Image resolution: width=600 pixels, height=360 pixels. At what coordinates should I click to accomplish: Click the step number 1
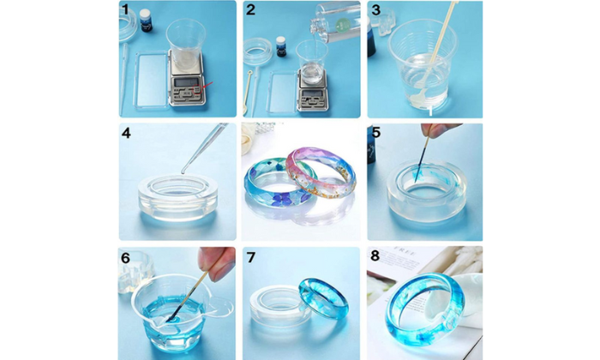(x=125, y=9)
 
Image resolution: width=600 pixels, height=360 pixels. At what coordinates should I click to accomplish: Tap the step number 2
(x=250, y=9)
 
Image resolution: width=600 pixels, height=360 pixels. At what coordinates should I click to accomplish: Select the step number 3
(x=376, y=10)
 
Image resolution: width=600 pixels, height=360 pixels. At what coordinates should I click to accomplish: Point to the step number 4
(x=126, y=133)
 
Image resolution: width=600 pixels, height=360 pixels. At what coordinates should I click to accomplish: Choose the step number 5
(x=376, y=132)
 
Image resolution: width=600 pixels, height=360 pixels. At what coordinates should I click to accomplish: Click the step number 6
(x=125, y=258)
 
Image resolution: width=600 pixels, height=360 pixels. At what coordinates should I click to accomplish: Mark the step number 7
(x=251, y=257)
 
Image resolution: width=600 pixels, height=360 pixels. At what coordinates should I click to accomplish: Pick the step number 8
(x=375, y=255)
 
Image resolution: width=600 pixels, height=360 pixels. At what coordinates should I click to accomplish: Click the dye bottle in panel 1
(x=146, y=21)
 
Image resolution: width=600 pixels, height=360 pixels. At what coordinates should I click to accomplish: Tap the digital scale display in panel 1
(x=186, y=82)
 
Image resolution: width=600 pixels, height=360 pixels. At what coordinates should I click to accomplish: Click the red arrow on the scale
(x=206, y=86)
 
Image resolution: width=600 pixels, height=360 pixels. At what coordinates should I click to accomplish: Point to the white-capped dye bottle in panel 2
(x=281, y=46)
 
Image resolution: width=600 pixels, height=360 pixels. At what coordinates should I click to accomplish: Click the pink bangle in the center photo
(x=322, y=172)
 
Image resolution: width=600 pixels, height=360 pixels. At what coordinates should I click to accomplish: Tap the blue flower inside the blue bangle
(x=282, y=198)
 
